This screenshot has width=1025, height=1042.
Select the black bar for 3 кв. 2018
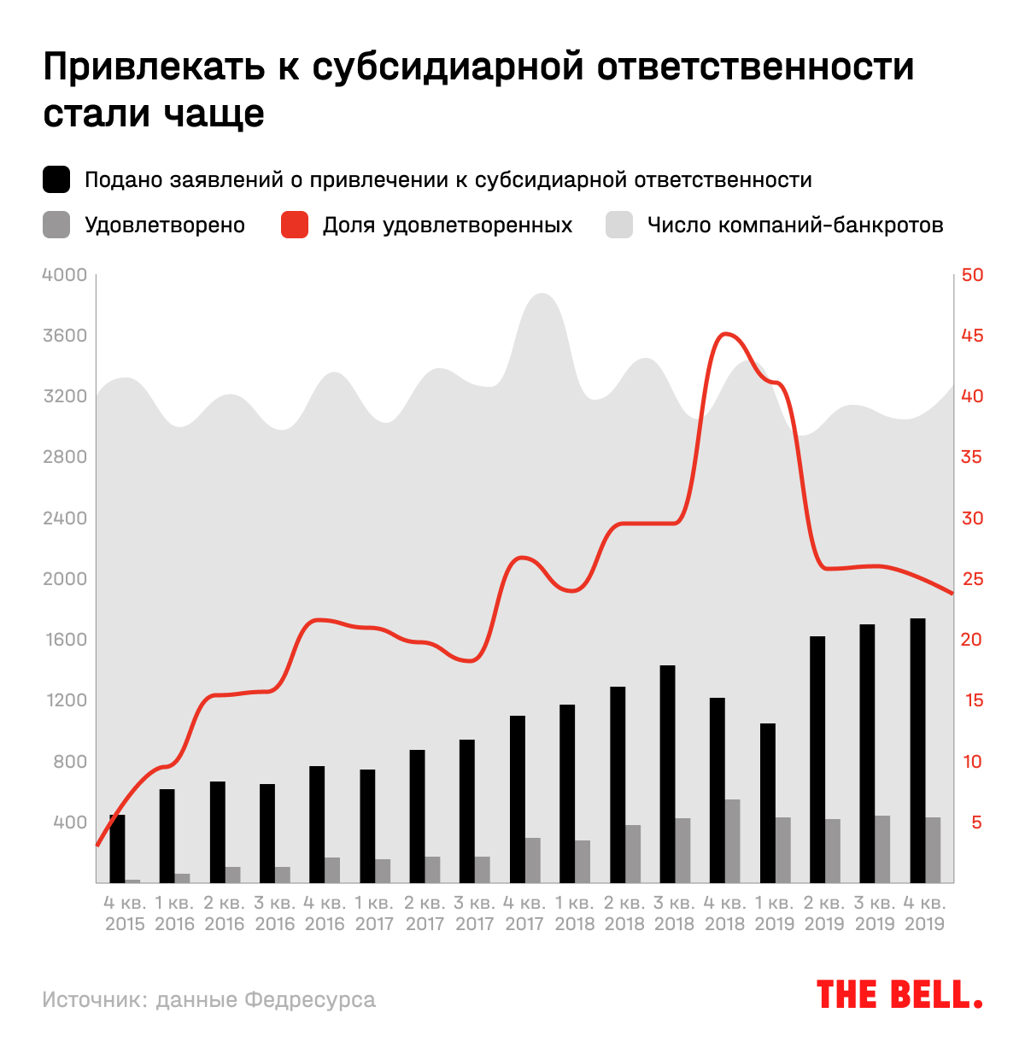coord(667,773)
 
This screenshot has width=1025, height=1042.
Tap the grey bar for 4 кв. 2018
coord(732,840)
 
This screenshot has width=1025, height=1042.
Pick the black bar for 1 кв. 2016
coord(167,835)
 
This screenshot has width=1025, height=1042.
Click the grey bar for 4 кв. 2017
coord(532,860)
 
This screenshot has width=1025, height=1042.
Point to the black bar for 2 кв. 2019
coord(817,758)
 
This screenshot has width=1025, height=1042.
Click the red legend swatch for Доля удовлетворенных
coord(295,225)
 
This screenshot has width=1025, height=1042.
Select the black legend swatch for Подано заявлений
coord(56,180)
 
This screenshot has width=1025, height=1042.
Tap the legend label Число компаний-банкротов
coord(795,225)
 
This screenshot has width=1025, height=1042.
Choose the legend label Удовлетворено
coord(165,225)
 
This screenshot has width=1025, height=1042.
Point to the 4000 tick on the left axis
coord(65,275)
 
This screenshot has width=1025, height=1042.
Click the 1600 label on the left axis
coord(65,640)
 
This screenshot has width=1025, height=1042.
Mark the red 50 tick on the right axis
coord(972,275)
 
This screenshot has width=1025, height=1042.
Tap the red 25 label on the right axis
coord(972,579)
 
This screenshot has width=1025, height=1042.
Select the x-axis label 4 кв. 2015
coord(125,913)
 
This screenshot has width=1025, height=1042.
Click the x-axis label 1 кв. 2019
coord(775,913)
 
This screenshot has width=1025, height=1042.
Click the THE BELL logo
coord(899,995)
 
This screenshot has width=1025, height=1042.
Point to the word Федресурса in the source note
coord(309,999)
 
